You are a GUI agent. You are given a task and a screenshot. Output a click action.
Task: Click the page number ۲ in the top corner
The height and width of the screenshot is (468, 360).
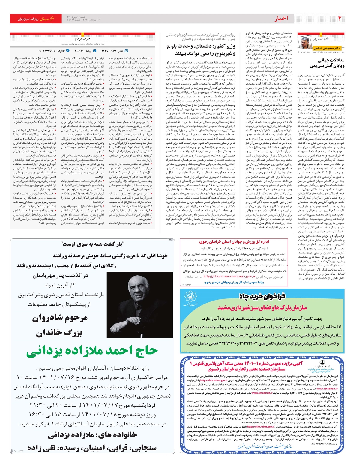click(x=340, y=19)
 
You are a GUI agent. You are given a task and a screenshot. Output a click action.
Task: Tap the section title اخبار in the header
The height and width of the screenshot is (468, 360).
click(x=281, y=19)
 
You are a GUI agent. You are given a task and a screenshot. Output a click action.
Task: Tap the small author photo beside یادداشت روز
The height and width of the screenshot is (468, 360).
click(x=306, y=42)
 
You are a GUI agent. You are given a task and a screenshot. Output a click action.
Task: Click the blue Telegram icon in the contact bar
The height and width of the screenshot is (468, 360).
click(x=68, y=51)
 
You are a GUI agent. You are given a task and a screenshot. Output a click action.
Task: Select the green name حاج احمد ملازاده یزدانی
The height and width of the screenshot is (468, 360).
click(x=92, y=351)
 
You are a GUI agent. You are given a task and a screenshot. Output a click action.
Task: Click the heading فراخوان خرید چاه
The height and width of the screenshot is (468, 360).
click(x=262, y=296)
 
